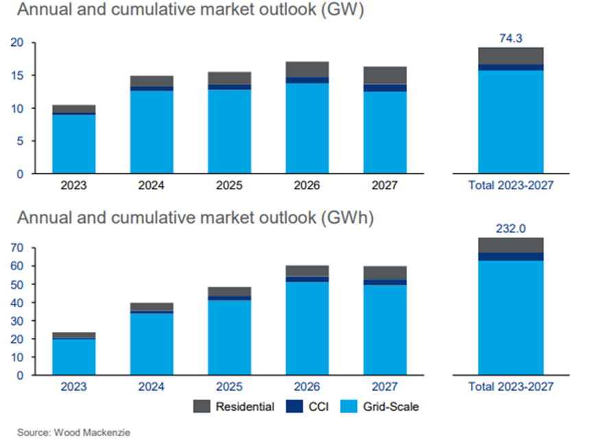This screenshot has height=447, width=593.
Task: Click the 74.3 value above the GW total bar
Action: click(511, 39)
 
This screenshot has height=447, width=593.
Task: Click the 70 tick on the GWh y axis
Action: click(17, 247)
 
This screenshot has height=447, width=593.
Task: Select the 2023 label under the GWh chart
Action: click(73, 387)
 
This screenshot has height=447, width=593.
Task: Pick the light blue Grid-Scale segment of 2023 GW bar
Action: click(73, 144)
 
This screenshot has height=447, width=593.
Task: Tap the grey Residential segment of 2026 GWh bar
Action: click(307, 271)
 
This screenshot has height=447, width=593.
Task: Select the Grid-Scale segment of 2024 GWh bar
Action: click(152, 343)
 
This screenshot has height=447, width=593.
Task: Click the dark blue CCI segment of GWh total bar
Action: click(511, 256)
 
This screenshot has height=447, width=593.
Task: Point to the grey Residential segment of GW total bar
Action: click(511, 56)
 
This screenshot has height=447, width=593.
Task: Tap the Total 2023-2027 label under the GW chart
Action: click(511, 185)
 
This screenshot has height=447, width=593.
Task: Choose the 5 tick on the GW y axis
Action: click(21, 141)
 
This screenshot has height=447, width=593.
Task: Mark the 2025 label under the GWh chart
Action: click(230, 387)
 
